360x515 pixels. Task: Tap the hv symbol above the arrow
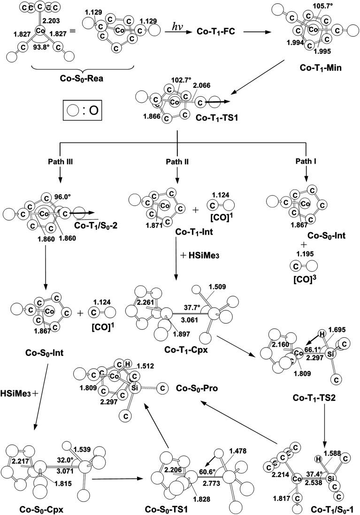[175, 29]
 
